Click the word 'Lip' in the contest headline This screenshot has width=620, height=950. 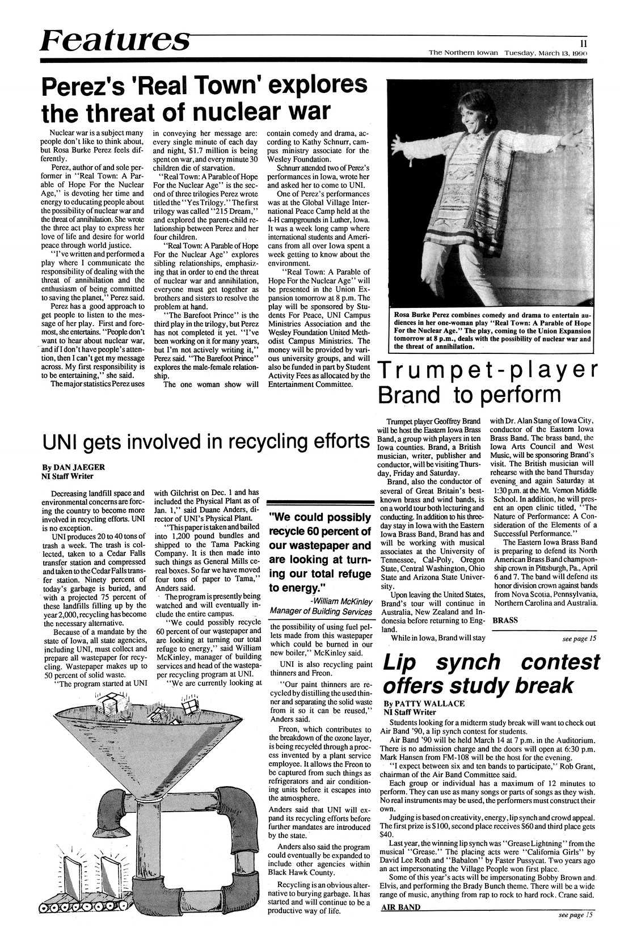404,662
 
